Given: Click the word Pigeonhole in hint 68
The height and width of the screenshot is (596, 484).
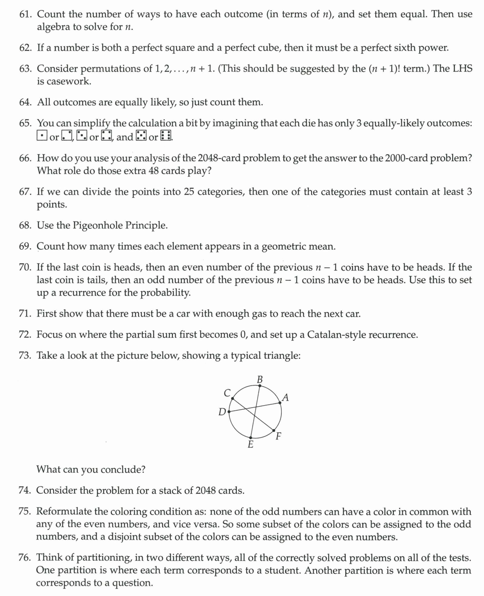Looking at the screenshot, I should tap(108, 225).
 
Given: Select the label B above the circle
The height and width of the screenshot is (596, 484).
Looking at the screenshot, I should tap(260, 379).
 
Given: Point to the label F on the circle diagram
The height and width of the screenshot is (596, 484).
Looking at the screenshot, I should tap(279, 436).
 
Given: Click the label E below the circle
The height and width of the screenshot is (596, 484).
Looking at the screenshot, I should tap(251, 445).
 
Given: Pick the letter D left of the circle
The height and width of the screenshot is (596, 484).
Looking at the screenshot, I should tap(222, 412).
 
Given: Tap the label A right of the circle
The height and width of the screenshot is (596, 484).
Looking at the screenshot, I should tap(286, 398).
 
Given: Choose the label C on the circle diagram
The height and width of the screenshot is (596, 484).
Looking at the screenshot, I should tap(227, 393).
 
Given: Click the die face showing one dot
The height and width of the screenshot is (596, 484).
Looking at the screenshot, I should tap(42, 136).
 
